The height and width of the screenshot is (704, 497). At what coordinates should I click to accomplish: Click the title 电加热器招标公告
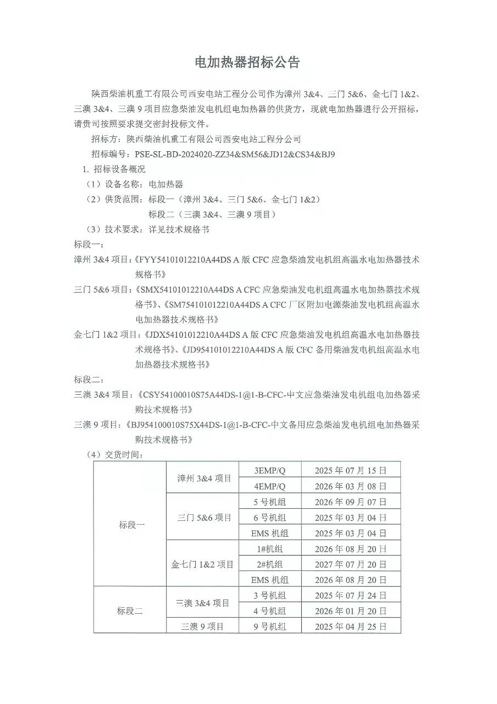click(x=248, y=63)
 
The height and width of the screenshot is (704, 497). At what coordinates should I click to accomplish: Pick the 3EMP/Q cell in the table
click(x=270, y=470)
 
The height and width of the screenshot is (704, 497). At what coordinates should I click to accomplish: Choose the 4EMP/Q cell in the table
click(x=270, y=486)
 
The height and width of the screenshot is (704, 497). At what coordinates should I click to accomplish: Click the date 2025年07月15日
click(x=350, y=470)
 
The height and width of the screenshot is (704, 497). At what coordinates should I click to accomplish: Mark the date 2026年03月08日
click(x=350, y=486)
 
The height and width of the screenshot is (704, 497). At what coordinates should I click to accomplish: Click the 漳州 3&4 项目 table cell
click(x=204, y=479)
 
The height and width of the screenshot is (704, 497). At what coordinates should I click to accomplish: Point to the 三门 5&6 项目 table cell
click(x=204, y=518)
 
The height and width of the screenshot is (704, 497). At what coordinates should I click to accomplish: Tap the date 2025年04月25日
click(x=350, y=626)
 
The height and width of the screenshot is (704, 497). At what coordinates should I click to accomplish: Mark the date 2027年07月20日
click(x=350, y=564)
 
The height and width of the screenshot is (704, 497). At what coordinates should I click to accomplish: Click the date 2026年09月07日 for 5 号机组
click(x=350, y=502)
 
